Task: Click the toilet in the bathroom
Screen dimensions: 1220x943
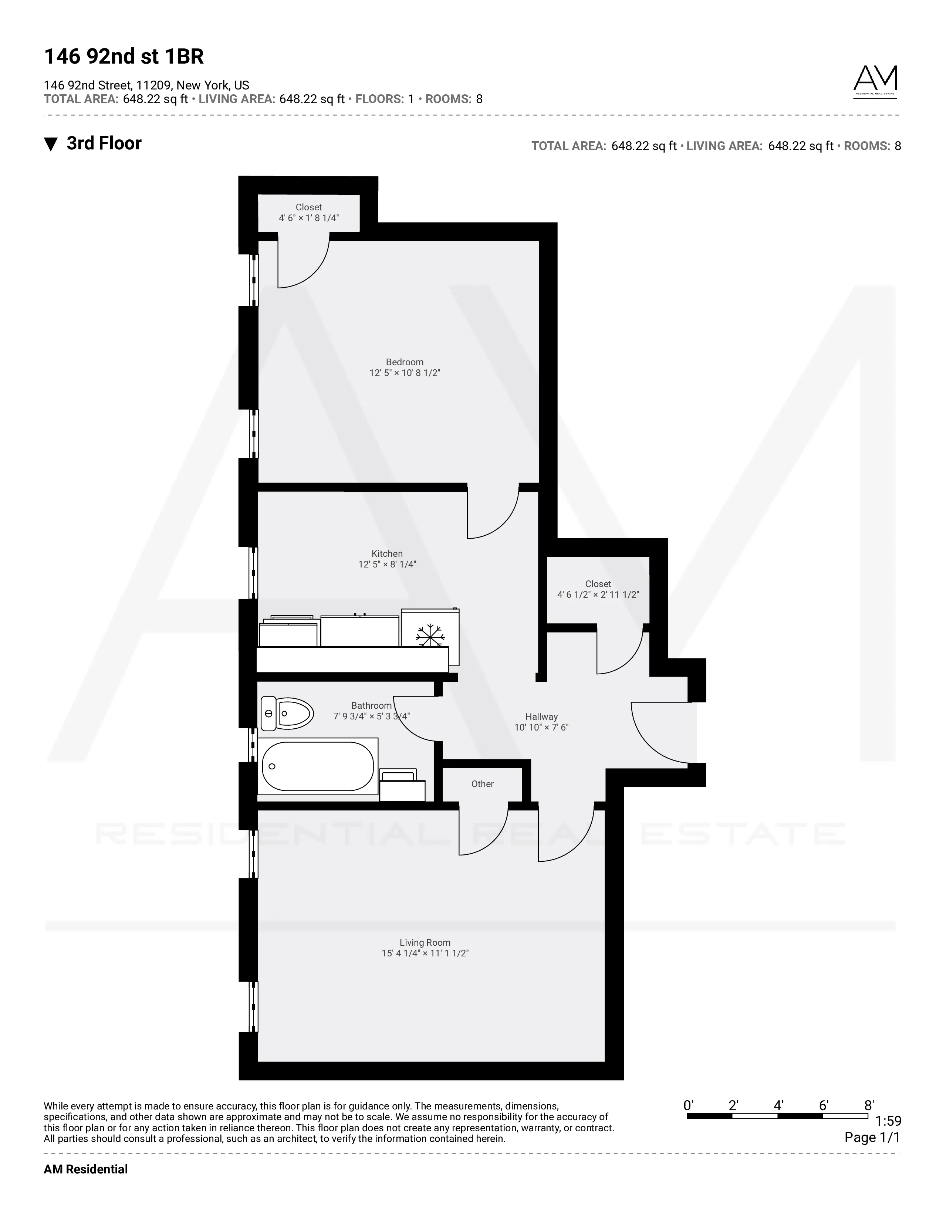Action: (x=287, y=714)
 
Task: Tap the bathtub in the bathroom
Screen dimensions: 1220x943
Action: (x=317, y=766)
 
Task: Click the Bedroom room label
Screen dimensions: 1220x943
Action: (x=405, y=362)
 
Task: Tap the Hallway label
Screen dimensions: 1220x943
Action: (x=541, y=717)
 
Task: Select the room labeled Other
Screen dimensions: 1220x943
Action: (x=482, y=784)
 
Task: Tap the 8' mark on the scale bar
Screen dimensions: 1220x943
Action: (x=869, y=1105)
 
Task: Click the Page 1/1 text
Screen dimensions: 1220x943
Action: (x=872, y=1137)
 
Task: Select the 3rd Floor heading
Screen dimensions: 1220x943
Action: (x=104, y=143)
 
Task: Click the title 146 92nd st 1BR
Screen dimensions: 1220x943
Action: (x=124, y=57)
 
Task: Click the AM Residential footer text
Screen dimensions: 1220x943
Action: (x=85, y=1169)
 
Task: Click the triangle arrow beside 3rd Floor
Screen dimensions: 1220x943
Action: (x=51, y=145)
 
